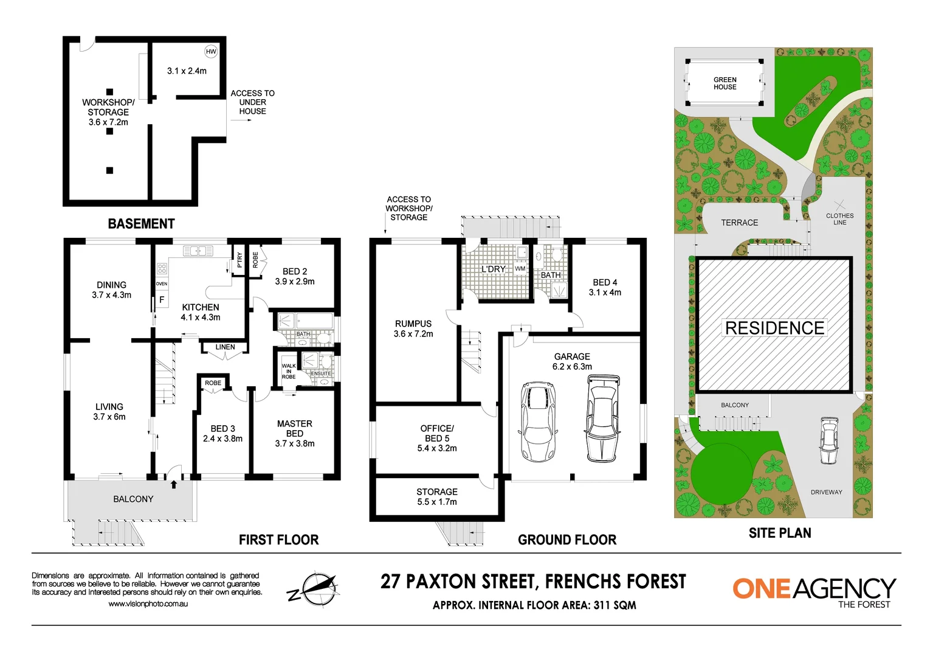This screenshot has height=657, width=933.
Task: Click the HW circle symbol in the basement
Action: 211,52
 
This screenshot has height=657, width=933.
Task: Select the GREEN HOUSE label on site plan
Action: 725,83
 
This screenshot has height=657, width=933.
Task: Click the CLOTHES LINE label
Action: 839,219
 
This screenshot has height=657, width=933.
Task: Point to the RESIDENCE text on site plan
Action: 774,328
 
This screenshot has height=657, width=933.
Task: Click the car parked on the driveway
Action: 828,440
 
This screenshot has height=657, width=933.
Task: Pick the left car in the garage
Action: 538,422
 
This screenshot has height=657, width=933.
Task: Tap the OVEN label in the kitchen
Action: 162,284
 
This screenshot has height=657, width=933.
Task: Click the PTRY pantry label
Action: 240,260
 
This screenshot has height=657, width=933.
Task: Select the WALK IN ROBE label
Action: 289,371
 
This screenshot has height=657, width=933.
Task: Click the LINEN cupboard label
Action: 225,347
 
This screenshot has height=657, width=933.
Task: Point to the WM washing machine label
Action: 520,268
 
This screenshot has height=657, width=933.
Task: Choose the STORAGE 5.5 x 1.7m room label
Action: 437,496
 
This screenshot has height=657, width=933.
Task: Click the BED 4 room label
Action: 605,287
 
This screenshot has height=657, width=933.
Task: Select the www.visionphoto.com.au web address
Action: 148,604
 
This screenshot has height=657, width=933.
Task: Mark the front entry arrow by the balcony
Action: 174,484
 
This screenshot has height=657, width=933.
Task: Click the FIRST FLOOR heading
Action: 278,540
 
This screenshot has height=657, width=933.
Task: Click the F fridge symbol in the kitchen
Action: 162,300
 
